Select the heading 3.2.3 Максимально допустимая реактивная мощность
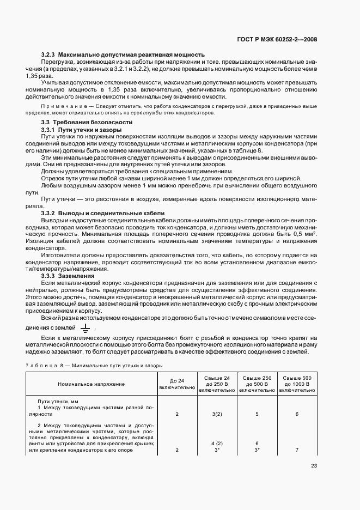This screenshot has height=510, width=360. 123,54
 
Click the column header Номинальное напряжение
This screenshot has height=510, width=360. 91,384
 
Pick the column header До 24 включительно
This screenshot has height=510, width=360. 177,384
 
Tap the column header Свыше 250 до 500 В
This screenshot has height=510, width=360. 257,384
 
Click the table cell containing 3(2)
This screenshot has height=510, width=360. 217,414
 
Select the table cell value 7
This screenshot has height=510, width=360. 297,450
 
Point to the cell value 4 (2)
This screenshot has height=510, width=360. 217,443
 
